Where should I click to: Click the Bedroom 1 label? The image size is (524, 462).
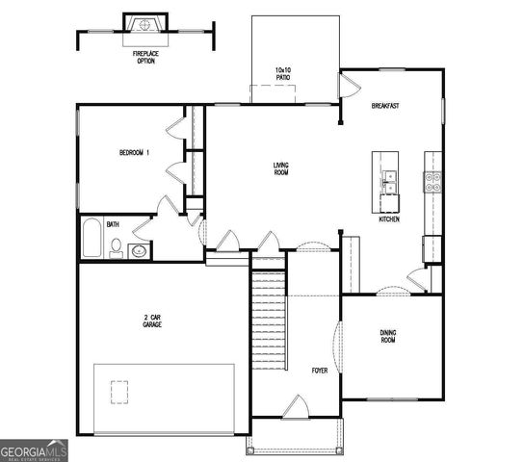[x=134, y=152]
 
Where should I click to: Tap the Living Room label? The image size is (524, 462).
[x=281, y=168]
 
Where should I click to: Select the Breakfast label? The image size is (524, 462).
[x=385, y=106]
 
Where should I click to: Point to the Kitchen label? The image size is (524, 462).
[x=389, y=219]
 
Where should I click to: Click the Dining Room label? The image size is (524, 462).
[x=387, y=336]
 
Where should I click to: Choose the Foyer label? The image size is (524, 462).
[x=319, y=370]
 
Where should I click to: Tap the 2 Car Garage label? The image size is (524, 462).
[x=152, y=321]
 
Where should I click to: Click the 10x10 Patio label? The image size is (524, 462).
[x=283, y=74]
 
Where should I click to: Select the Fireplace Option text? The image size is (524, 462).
[x=145, y=57]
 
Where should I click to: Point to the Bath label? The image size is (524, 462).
[x=113, y=224]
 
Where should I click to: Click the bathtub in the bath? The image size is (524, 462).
[x=91, y=240]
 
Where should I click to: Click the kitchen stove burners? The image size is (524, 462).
[x=432, y=178]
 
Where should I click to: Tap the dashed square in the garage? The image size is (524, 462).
[x=120, y=393]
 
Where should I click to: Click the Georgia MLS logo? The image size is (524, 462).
[x=34, y=450]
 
